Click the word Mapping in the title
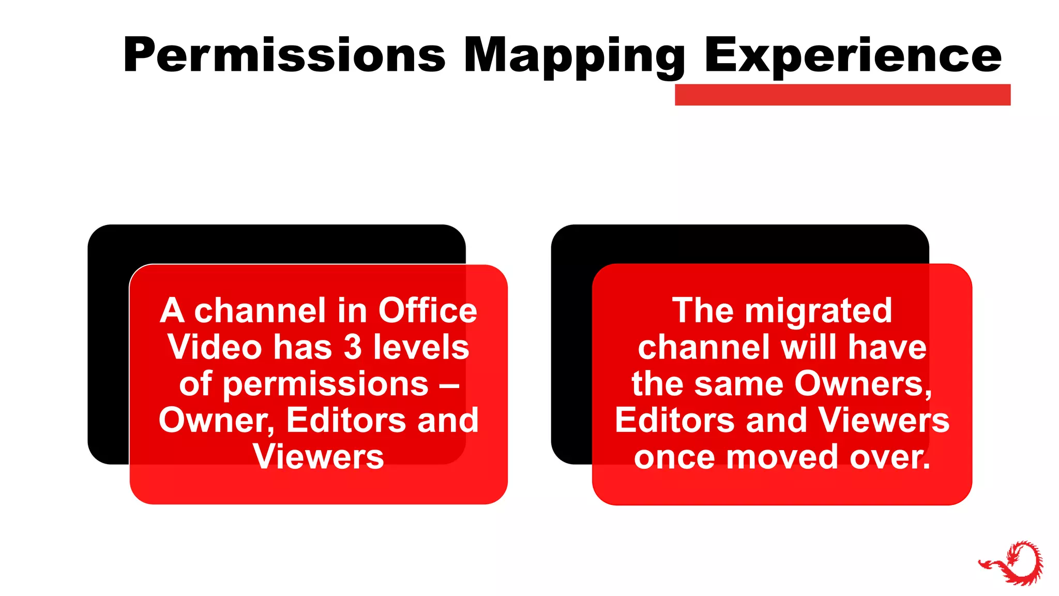(x=574, y=56)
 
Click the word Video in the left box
(x=215, y=347)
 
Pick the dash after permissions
(x=449, y=384)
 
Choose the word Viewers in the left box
(x=318, y=457)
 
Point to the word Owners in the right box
(x=863, y=384)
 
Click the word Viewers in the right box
(x=884, y=421)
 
